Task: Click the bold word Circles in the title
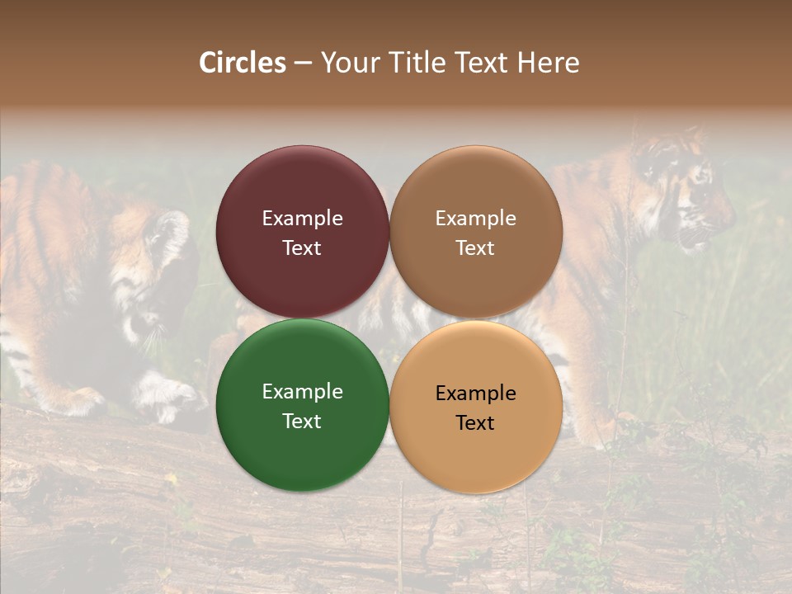point(243,63)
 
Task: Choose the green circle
point(302,441)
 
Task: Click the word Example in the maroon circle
point(302,219)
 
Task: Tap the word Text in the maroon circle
point(302,248)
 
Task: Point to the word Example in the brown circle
point(475,219)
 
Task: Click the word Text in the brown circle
point(475,248)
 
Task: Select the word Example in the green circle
point(302,392)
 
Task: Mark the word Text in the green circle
point(302,422)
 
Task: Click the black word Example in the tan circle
point(475,394)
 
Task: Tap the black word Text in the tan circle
point(475,423)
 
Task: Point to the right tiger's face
point(689,194)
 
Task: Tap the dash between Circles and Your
point(303,64)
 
